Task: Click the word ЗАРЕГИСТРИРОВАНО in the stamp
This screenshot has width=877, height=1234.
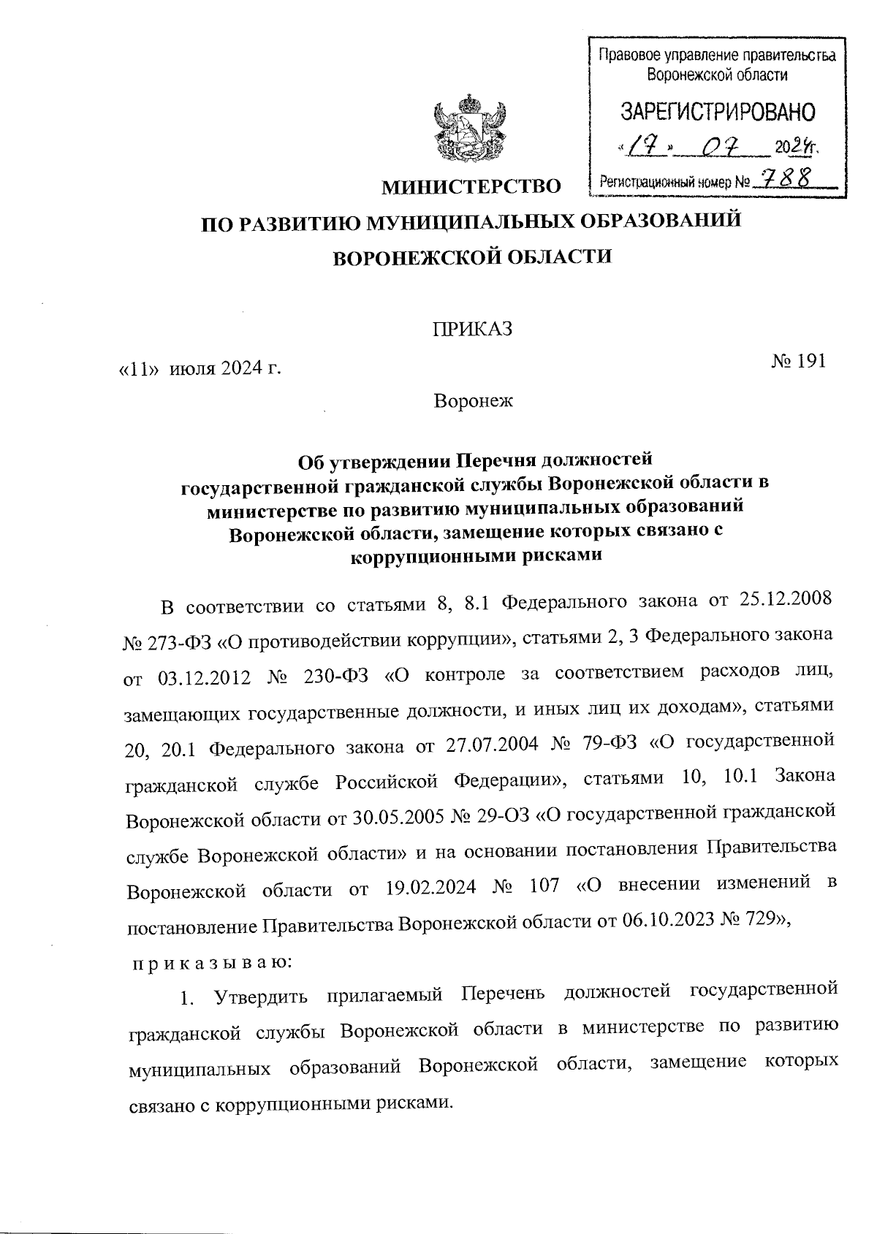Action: point(718,111)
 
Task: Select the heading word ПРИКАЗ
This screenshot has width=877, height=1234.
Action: point(472,330)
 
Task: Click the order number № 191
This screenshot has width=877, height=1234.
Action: point(799,361)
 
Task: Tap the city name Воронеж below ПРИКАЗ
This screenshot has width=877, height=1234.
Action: point(474,401)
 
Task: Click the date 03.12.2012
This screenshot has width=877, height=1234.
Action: point(204,677)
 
